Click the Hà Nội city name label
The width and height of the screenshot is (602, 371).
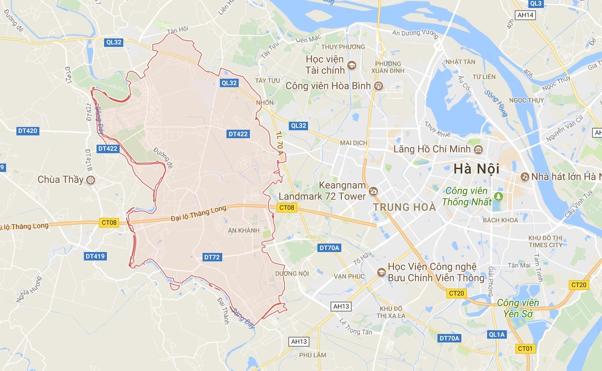476,169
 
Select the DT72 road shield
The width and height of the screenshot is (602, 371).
212,257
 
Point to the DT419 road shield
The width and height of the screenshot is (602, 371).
95,256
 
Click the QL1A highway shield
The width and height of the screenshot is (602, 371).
497,334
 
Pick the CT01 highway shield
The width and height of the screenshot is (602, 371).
526,349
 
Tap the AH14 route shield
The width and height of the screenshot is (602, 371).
525,15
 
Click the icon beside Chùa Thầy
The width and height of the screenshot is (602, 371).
90,180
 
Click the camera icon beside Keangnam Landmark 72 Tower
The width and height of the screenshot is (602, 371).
373,191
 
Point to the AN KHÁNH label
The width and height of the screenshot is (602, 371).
243,230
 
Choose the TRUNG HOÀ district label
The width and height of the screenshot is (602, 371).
404,207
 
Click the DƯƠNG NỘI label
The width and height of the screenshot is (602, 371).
292,274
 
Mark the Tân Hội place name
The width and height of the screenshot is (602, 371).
177,29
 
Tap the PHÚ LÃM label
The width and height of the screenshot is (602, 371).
313,355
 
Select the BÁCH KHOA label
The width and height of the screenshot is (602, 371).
500,220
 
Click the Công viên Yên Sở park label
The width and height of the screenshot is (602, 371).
518,308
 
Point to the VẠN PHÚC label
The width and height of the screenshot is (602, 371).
349,276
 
